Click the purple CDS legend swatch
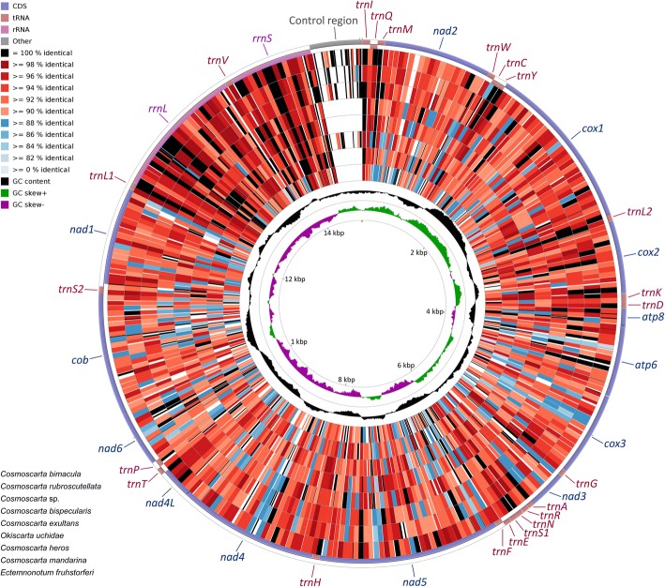(8, 7)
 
